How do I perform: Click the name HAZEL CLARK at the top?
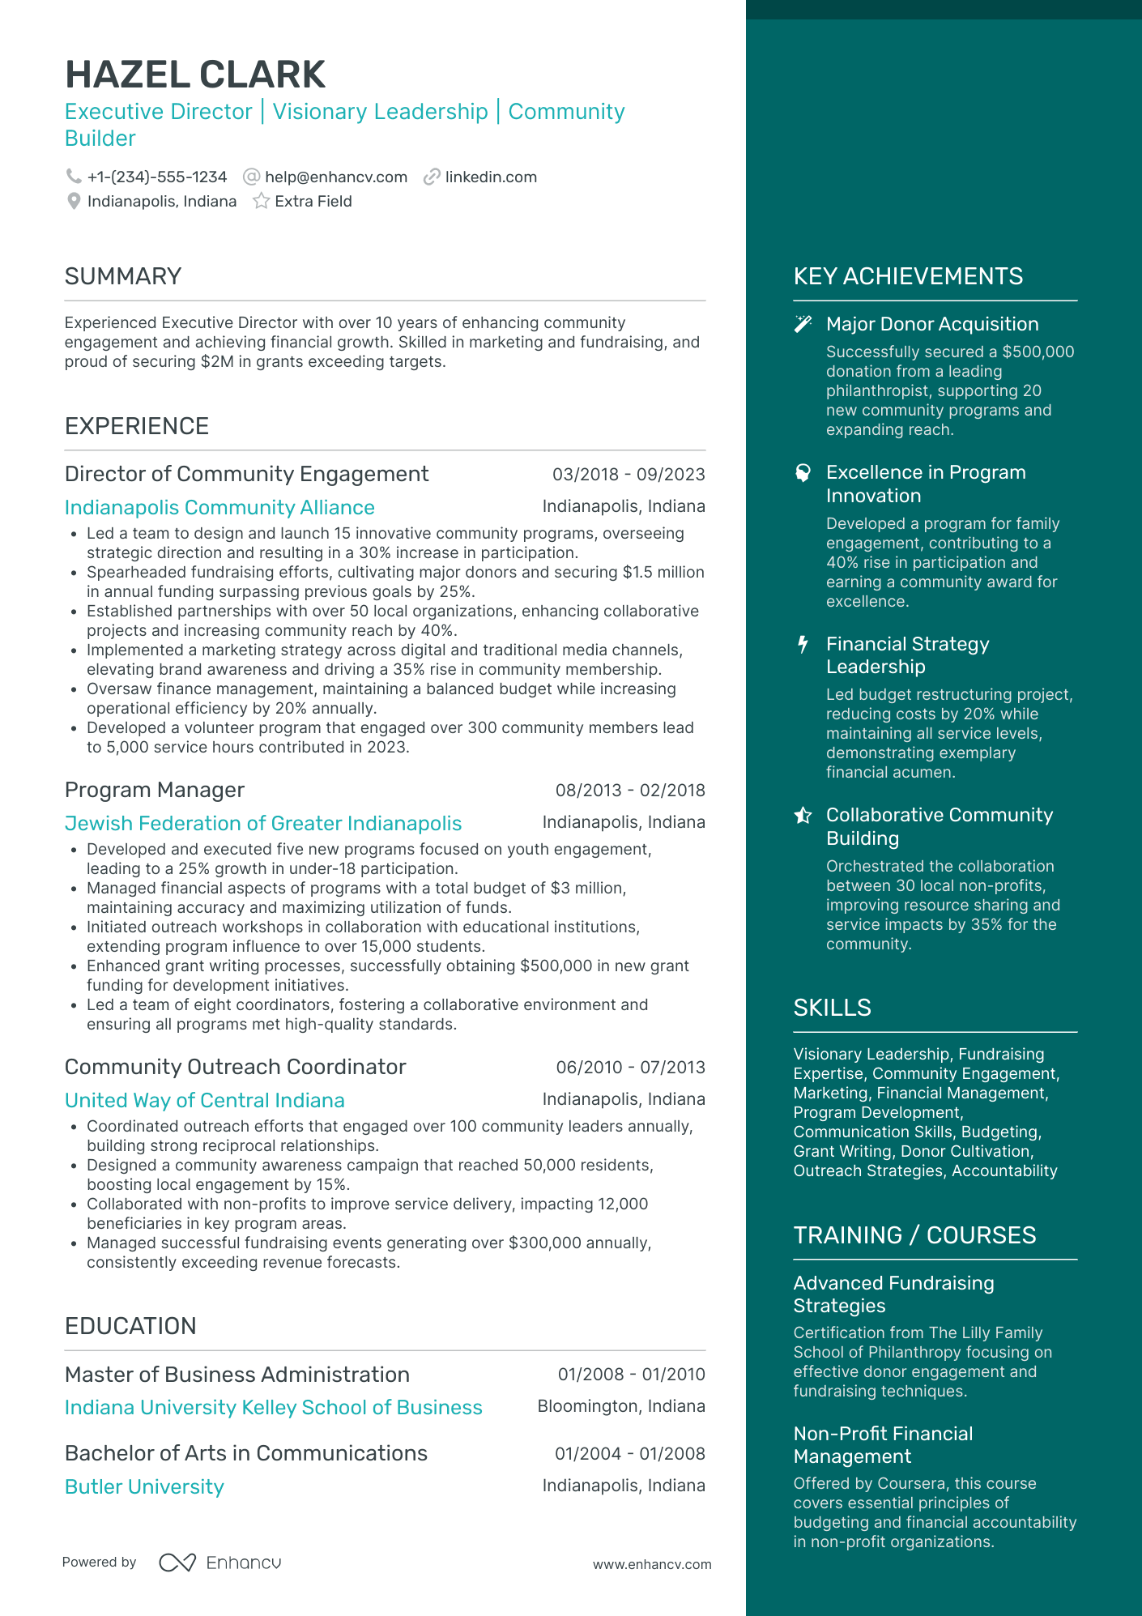(195, 75)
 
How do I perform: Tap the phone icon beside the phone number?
(74, 177)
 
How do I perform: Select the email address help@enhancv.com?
(335, 177)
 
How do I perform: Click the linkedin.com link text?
(491, 177)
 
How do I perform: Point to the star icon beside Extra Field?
(261, 202)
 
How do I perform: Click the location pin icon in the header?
(74, 202)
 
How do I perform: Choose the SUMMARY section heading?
(123, 277)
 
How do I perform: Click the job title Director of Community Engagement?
(246, 474)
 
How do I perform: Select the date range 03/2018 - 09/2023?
(629, 475)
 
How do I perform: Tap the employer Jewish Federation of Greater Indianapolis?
(263, 824)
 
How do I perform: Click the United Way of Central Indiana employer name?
(205, 1101)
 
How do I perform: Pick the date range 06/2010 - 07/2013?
(630, 1068)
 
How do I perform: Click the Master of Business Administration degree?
(237, 1375)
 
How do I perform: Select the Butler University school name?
(144, 1487)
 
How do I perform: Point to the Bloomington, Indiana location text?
(621, 1407)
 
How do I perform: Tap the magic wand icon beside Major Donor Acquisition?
(803, 325)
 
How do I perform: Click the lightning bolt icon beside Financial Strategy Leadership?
(803, 645)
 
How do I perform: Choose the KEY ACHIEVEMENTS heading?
(908, 277)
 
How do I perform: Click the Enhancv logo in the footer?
(220, 1563)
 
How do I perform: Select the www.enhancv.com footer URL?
(652, 1565)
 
